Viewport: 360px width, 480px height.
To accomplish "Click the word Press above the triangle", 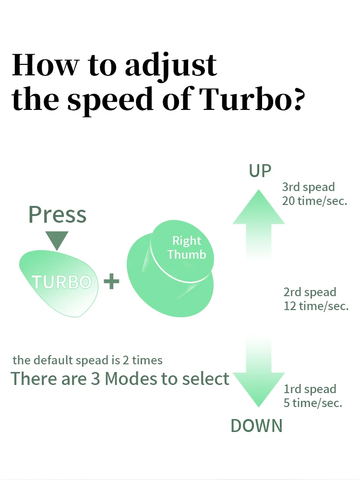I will click(58, 214).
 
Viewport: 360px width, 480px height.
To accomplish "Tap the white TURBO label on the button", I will click(61, 282).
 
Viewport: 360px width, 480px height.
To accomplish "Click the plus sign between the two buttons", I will click(111, 281).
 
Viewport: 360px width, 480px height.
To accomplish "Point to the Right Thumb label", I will click(187, 248).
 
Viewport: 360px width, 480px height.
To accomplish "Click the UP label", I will click(260, 171).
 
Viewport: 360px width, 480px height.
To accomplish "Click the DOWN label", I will click(257, 426).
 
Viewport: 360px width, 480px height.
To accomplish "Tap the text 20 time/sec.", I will click(314, 201).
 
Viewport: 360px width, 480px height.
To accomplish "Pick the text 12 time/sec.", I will click(316, 306).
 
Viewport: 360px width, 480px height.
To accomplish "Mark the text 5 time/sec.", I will click(313, 403).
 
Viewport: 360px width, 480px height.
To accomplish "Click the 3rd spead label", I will click(308, 187).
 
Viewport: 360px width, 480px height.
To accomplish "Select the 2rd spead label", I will click(310, 292).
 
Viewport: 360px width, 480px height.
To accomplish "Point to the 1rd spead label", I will click(310, 389).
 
